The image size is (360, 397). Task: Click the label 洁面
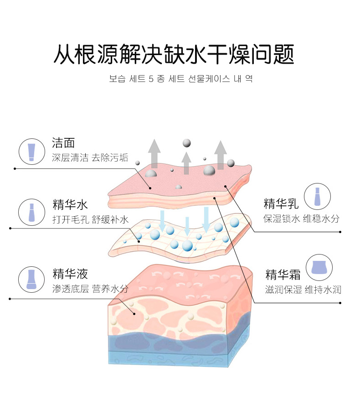tap(63, 143)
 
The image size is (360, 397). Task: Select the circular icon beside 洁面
tap(31, 151)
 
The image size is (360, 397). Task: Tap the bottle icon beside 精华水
tap(31, 212)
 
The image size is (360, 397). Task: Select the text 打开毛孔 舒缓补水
tap(90, 220)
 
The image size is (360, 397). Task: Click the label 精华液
tap(70, 274)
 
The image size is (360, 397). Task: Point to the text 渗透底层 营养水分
tap(90, 289)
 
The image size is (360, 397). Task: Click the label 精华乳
tap(281, 204)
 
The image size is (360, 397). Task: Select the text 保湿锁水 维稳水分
tap(302, 219)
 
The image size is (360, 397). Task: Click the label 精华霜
tap(283, 275)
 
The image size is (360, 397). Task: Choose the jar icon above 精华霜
tap(319, 267)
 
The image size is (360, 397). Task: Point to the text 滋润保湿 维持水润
tap(303, 290)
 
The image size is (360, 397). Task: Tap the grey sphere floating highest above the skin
tap(186, 143)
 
